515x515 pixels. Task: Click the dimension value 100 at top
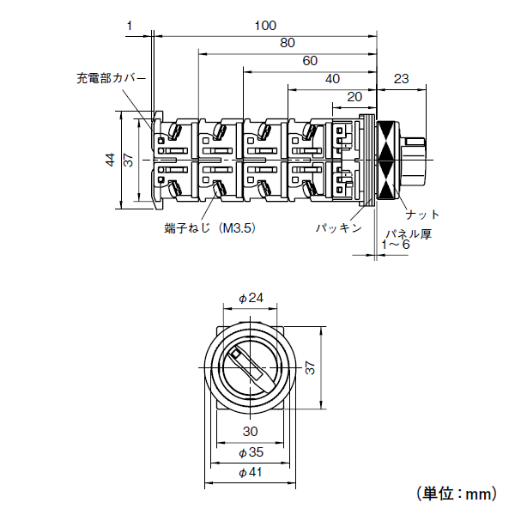[x=264, y=26]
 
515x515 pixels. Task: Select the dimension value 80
[x=288, y=43]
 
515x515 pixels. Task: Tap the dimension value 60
[x=310, y=60]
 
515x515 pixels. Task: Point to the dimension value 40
[x=332, y=78]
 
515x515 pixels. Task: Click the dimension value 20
[x=354, y=95]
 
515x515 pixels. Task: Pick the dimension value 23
[x=400, y=78]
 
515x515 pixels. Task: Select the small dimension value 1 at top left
[x=129, y=26]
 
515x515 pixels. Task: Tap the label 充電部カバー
[x=111, y=78]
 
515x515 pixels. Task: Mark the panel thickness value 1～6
[x=395, y=245]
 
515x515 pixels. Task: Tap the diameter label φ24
[x=250, y=298]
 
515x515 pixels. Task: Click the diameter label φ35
[x=250, y=451]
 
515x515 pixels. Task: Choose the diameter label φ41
[x=250, y=471]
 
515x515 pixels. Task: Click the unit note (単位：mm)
[x=457, y=494]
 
